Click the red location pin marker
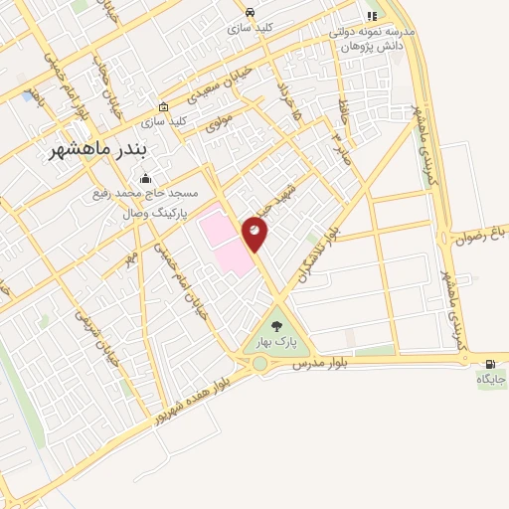tap(255, 234)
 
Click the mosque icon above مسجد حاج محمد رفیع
tap(146, 179)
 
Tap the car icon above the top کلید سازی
tap(250, 13)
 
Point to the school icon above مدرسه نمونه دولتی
tap(372, 16)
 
